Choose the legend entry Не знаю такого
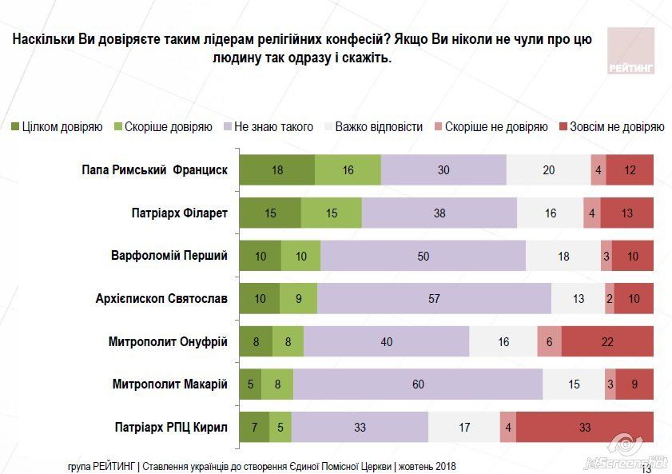[268, 126]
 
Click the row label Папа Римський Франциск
[155, 170]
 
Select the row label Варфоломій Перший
[169, 256]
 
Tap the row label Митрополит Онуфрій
[169, 341]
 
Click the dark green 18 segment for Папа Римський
[276, 170]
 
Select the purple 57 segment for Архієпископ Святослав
[434, 299]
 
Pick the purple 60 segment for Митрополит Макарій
[418, 384]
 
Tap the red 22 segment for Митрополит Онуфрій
[607, 341]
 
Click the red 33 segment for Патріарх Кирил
[584, 427]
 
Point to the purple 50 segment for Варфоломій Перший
[423, 256]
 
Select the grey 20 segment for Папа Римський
[548, 170]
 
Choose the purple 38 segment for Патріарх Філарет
[439, 213]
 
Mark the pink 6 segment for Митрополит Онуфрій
[549, 341]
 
